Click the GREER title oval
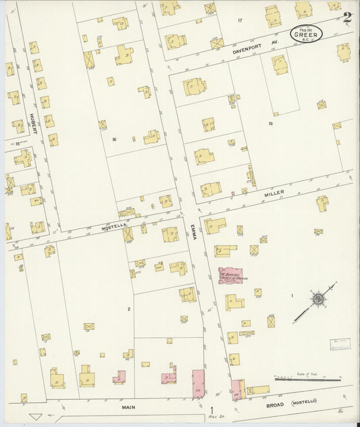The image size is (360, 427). [x=307, y=33]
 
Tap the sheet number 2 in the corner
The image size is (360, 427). [x=346, y=18]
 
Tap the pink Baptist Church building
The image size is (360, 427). [x=231, y=276]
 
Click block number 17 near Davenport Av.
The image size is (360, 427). [x=240, y=22]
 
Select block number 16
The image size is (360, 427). [x=115, y=139]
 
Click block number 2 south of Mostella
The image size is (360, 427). [x=128, y=309]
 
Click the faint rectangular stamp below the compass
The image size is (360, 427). [x=341, y=345]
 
